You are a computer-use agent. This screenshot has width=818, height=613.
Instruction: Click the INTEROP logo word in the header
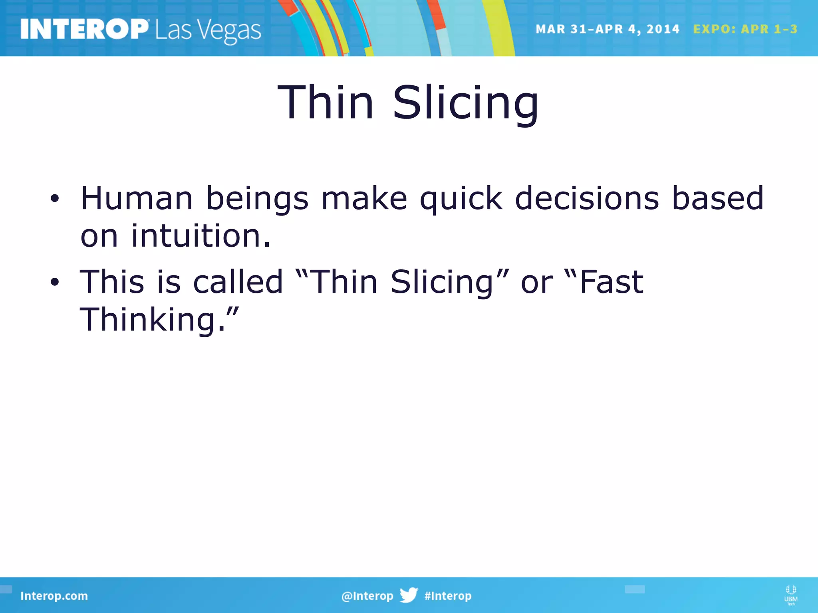(x=84, y=29)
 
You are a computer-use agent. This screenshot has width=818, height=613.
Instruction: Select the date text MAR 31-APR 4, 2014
(x=607, y=29)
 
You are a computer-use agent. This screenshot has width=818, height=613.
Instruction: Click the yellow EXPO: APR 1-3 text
(x=745, y=29)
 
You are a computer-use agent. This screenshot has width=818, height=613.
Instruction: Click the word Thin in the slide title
(x=326, y=103)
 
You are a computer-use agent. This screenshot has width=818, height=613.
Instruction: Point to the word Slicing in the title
(x=465, y=103)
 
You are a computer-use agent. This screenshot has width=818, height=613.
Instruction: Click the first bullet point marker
(x=55, y=198)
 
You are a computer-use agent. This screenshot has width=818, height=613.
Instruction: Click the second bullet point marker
(x=55, y=282)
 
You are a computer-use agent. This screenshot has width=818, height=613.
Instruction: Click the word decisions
(x=587, y=198)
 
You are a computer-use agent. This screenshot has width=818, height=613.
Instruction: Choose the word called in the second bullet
(x=238, y=282)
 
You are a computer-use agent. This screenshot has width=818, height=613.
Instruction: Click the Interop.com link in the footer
(x=54, y=596)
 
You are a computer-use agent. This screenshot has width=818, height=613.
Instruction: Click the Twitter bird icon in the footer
(x=409, y=595)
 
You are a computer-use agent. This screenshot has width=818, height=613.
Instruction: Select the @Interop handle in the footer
(x=367, y=596)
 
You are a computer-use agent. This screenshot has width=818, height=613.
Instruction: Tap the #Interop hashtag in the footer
(x=448, y=596)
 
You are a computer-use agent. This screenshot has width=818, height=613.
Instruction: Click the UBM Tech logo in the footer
(x=791, y=595)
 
